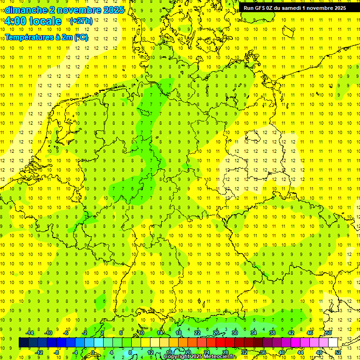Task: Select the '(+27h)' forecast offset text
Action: [x=81, y=21]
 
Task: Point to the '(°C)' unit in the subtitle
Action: [x=81, y=37]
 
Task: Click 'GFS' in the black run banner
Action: [x=261, y=8]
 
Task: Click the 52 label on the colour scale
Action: [x=338, y=352]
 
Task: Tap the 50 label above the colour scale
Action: [x=329, y=333]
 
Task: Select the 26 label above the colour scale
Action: [x=216, y=333]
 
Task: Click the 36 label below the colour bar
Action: [x=263, y=352]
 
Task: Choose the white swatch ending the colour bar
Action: [x=333, y=342]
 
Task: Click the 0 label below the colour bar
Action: [x=94, y=352]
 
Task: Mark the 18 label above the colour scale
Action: [x=179, y=333]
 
